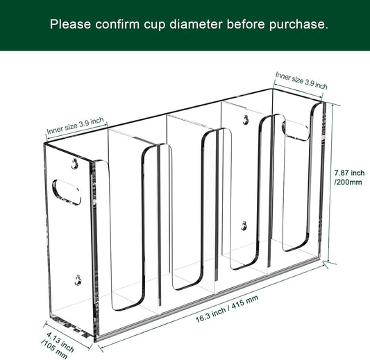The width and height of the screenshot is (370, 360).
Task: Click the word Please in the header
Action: click(72, 24)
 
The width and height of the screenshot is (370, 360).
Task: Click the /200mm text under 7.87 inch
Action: click(347, 182)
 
